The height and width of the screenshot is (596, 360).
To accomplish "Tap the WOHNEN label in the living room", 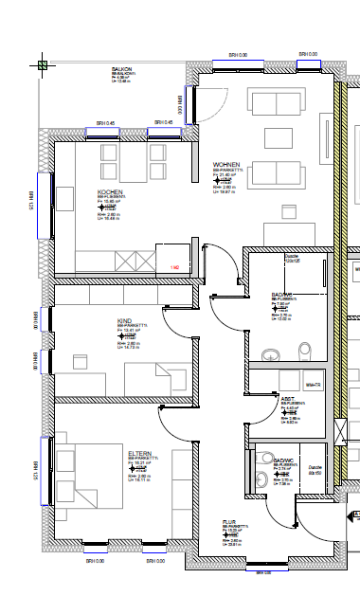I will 226,164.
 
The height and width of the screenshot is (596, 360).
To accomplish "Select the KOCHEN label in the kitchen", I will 110,191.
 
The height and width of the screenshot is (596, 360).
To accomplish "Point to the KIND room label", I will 123,321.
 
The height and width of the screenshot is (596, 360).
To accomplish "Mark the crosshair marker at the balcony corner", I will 43,65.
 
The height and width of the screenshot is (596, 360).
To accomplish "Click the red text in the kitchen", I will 175,268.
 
